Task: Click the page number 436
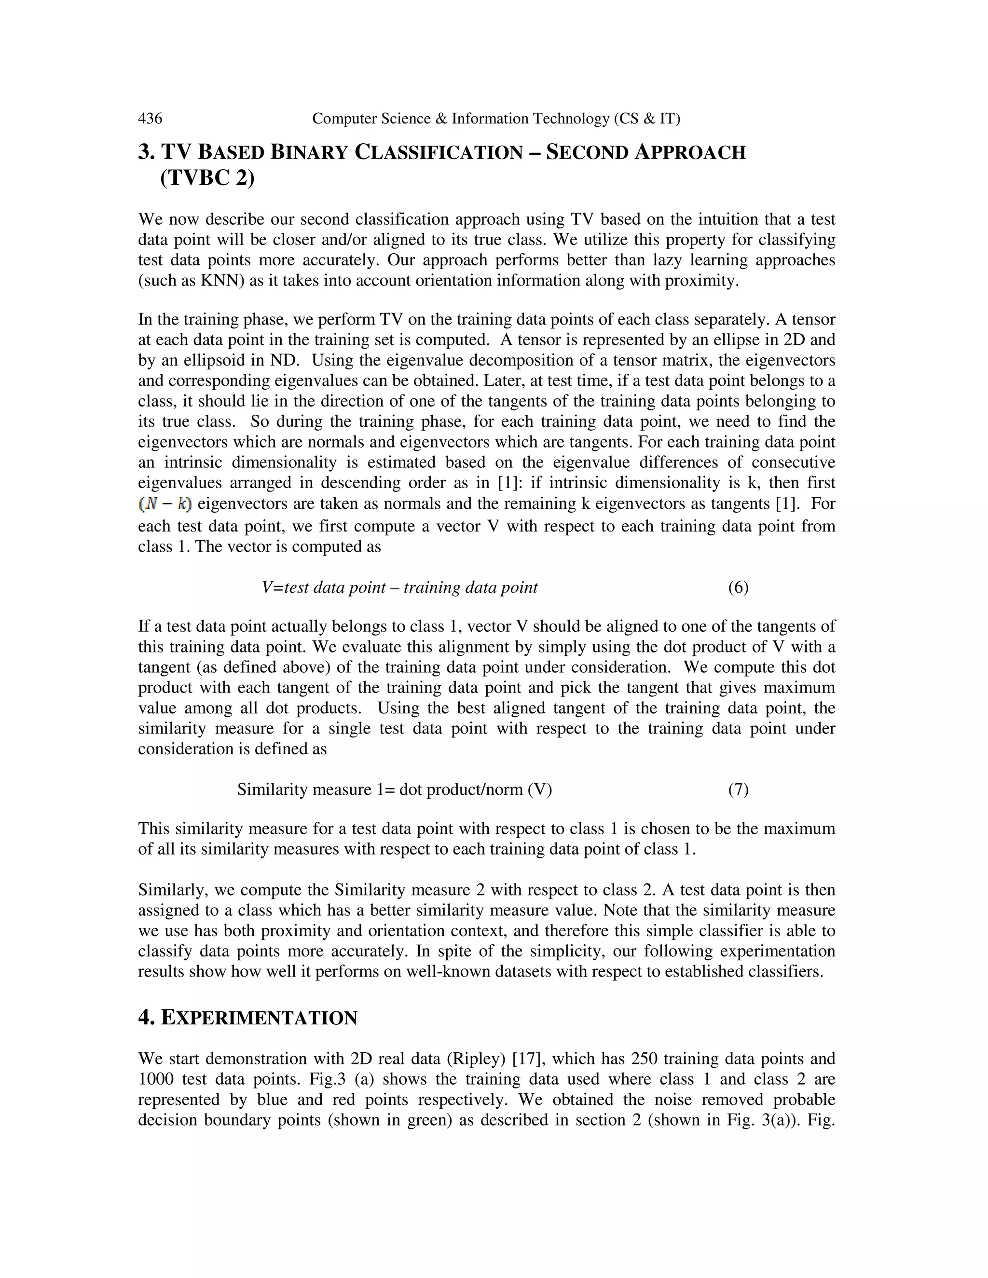pos(150,119)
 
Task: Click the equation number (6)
pos(738,587)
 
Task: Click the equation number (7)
pos(738,790)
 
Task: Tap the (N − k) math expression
pos(165,504)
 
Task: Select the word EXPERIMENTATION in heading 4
pos(259,1019)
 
